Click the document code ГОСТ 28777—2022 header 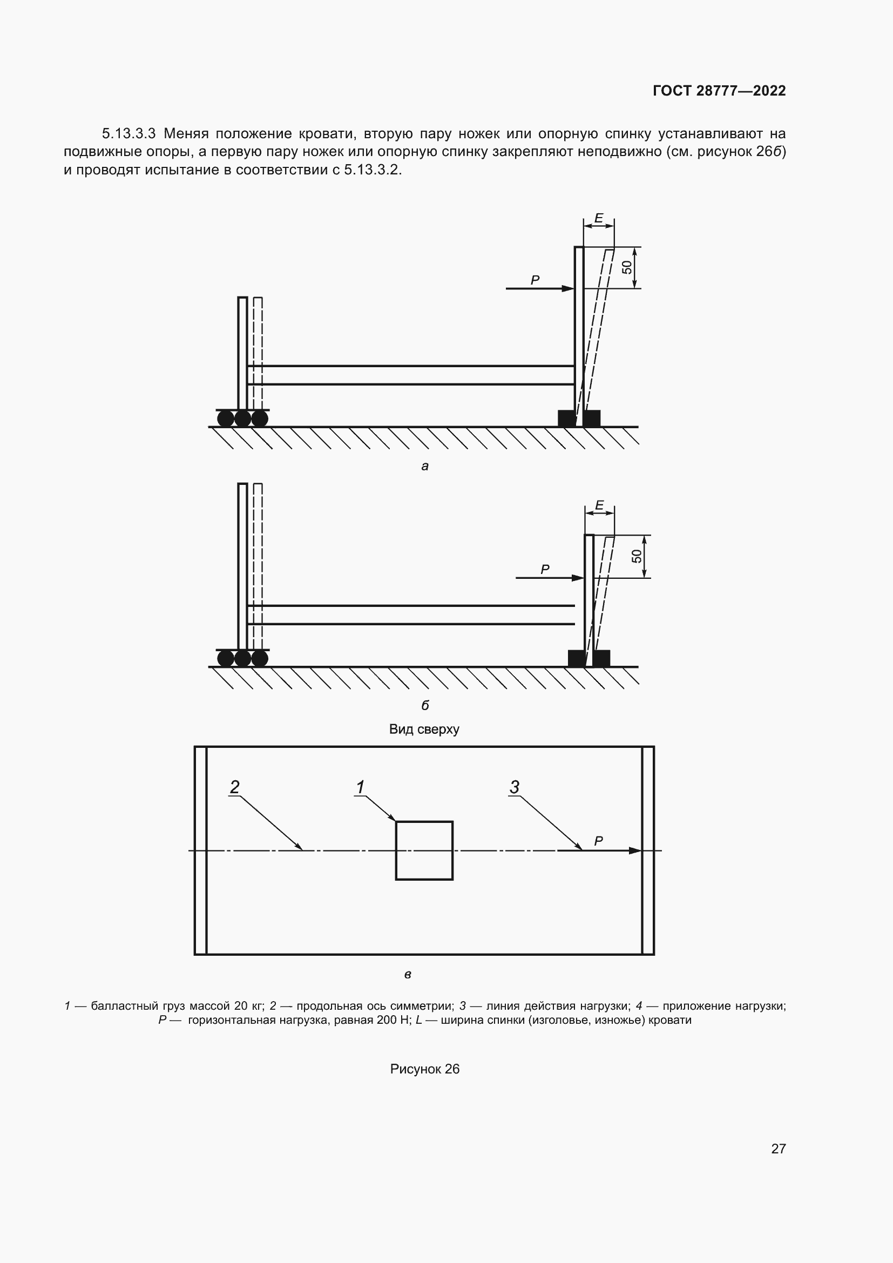pyautogui.click(x=719, y=91)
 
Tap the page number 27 pyautogui.click(x=779, y=1149)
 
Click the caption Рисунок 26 pyautogui.click(x=424, y=1069)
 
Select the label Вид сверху pyautogui.click(x=424, y=730)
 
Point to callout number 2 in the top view pyautogui.click(x=235, y=787)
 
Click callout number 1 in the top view pyautogui.click(x=360, y=787)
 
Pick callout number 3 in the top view pyautogui.click(x=514, y=787)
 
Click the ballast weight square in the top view pyautogui.click(x=424, y=850)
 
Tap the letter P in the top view pyautogui.click(x=599, y=841)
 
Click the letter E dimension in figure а pyautogui.click(x=599, y=218)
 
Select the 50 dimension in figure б pyautogui.click(x=637, y=556)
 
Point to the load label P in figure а pyautogui.click(x=535, y=280)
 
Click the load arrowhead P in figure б pyautogui.click(x=578, y=578)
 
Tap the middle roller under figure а pyautogui.click(x=242, y=418)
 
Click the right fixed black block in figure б pyautogui.click(x=601, y=658)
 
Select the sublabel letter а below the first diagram pyautogui.click(x=424, y=467)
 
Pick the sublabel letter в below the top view pyautogui.click(x=408, y=975)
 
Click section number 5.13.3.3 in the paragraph pyautogui.click(x=128, y=134)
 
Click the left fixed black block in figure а pyautogui.click(x=566, y=418)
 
